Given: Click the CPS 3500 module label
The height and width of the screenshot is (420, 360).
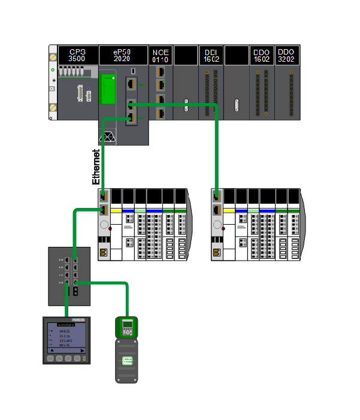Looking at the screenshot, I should [x=77, y=55].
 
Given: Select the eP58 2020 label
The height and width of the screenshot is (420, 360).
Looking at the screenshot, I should [x=123, y=55].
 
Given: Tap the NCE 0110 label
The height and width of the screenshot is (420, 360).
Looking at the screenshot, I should [x=161, y=55].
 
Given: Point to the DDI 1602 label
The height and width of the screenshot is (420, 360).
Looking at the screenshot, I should [x=211, y=55].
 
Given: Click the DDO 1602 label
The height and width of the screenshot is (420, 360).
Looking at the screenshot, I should [x=262, y=55].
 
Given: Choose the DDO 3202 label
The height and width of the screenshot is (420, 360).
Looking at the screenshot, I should [x=287, y=55].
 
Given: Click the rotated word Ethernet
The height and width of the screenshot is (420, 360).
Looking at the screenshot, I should [x=96, y=167].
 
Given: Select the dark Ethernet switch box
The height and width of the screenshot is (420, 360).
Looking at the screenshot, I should [x=68, y=276].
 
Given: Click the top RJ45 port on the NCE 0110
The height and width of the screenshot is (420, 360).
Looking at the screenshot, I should [x=160, y=72].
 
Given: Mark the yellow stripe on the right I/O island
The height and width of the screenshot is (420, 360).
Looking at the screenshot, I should [x=229, y=211].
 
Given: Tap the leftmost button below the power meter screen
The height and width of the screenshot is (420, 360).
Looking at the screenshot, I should [x=50, y=358].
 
